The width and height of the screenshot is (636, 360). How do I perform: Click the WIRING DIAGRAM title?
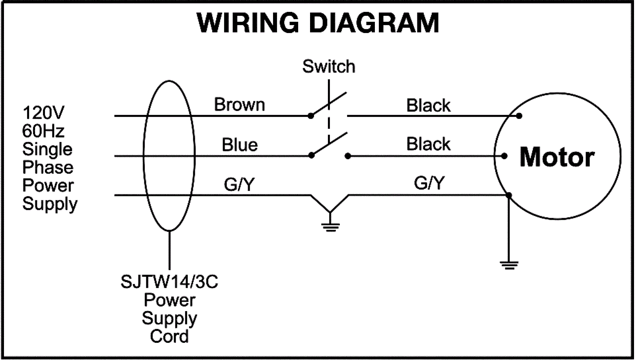(318, 23)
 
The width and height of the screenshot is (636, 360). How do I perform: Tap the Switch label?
(328, 66)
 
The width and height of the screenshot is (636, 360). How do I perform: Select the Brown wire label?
(239, 105)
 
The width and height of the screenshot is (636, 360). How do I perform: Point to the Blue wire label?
(239, 145)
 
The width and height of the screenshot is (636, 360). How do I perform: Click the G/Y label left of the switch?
(239, 184)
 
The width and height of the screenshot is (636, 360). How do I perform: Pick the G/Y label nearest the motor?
(429, 183)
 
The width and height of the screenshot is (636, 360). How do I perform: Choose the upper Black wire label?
(428, 105)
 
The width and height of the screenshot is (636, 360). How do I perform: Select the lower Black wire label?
(428, 144)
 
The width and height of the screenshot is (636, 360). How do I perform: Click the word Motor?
(557, 157)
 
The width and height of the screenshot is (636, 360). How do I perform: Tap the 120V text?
(43, 113)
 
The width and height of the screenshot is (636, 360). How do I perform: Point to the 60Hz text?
(43, 131)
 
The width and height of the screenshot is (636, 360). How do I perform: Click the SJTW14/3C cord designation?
(169, 282)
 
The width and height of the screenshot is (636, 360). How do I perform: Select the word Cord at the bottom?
(169, 337)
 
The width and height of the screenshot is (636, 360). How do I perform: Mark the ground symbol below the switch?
(330, 227)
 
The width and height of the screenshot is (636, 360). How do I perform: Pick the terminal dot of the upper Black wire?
(519, 116)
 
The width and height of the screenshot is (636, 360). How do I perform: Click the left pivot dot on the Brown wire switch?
(311, 116)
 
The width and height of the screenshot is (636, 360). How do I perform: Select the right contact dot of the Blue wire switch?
(348, 156)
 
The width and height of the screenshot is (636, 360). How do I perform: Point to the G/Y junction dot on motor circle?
(509, 195)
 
